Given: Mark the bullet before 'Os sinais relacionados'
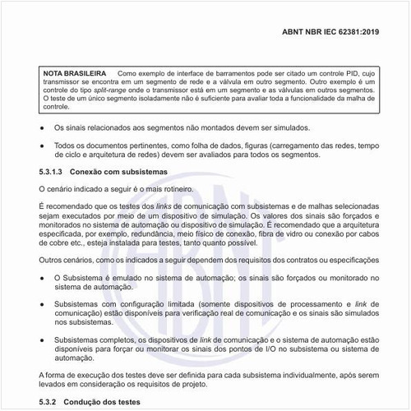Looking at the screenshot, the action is click(43, 128).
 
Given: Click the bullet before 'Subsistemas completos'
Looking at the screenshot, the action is click(43, 339).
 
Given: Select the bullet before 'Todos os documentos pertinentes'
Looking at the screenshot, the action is click(43, 145).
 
